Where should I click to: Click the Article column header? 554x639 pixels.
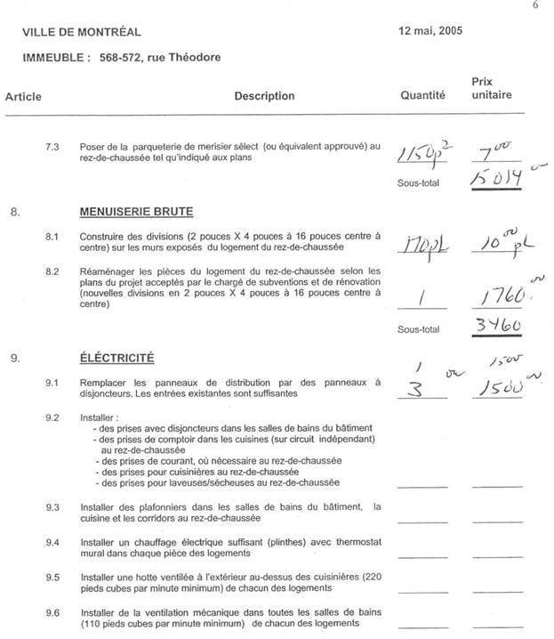click(x=23, y=96)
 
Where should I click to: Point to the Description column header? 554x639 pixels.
click(x=264, y=96)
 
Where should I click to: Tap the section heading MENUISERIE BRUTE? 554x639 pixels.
click(x=136, y=212)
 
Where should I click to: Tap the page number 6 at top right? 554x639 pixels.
click(x=535, y=5)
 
